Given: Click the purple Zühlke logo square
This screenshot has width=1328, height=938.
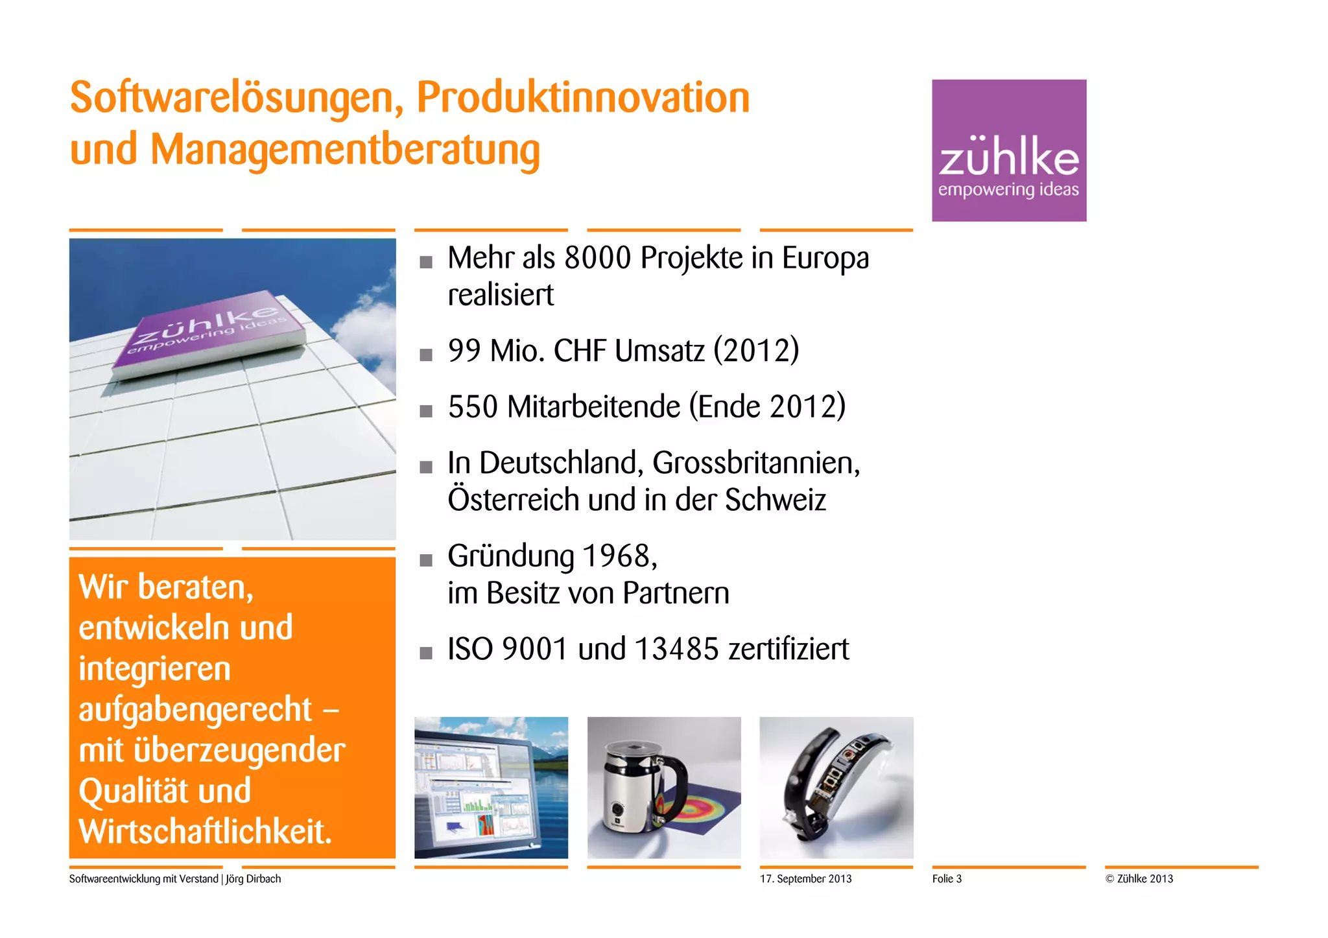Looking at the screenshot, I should [x=1009, y=150].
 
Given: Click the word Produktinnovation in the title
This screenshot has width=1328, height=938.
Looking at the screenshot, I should [x=582, y=98].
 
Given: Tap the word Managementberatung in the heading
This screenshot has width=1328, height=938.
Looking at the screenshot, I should [x=345, y=150].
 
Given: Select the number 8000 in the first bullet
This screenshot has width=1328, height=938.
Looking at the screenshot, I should [x=598, y=258].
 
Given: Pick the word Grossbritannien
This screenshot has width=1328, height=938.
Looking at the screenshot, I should [x=755, y=463].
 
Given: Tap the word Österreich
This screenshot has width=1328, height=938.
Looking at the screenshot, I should [x=512, y=500].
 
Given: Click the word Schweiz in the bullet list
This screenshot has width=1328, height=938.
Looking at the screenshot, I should [x=776, y=500].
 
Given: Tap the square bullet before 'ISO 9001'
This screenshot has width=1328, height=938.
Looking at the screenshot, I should [x=426, y=653].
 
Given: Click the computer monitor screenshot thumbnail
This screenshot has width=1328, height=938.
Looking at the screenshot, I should [x=491, y=788].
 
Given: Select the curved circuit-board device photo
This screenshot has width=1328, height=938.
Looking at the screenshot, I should [x=836, y=788].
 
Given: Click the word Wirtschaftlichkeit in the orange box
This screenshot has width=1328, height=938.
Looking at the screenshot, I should [x=205, y=832].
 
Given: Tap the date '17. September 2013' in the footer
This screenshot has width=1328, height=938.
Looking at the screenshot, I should [x=805, y=879].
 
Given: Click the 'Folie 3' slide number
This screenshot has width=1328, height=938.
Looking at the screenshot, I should [x=947, y=879].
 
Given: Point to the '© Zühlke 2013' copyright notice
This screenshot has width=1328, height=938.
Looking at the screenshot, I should [x=1139, y=879].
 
